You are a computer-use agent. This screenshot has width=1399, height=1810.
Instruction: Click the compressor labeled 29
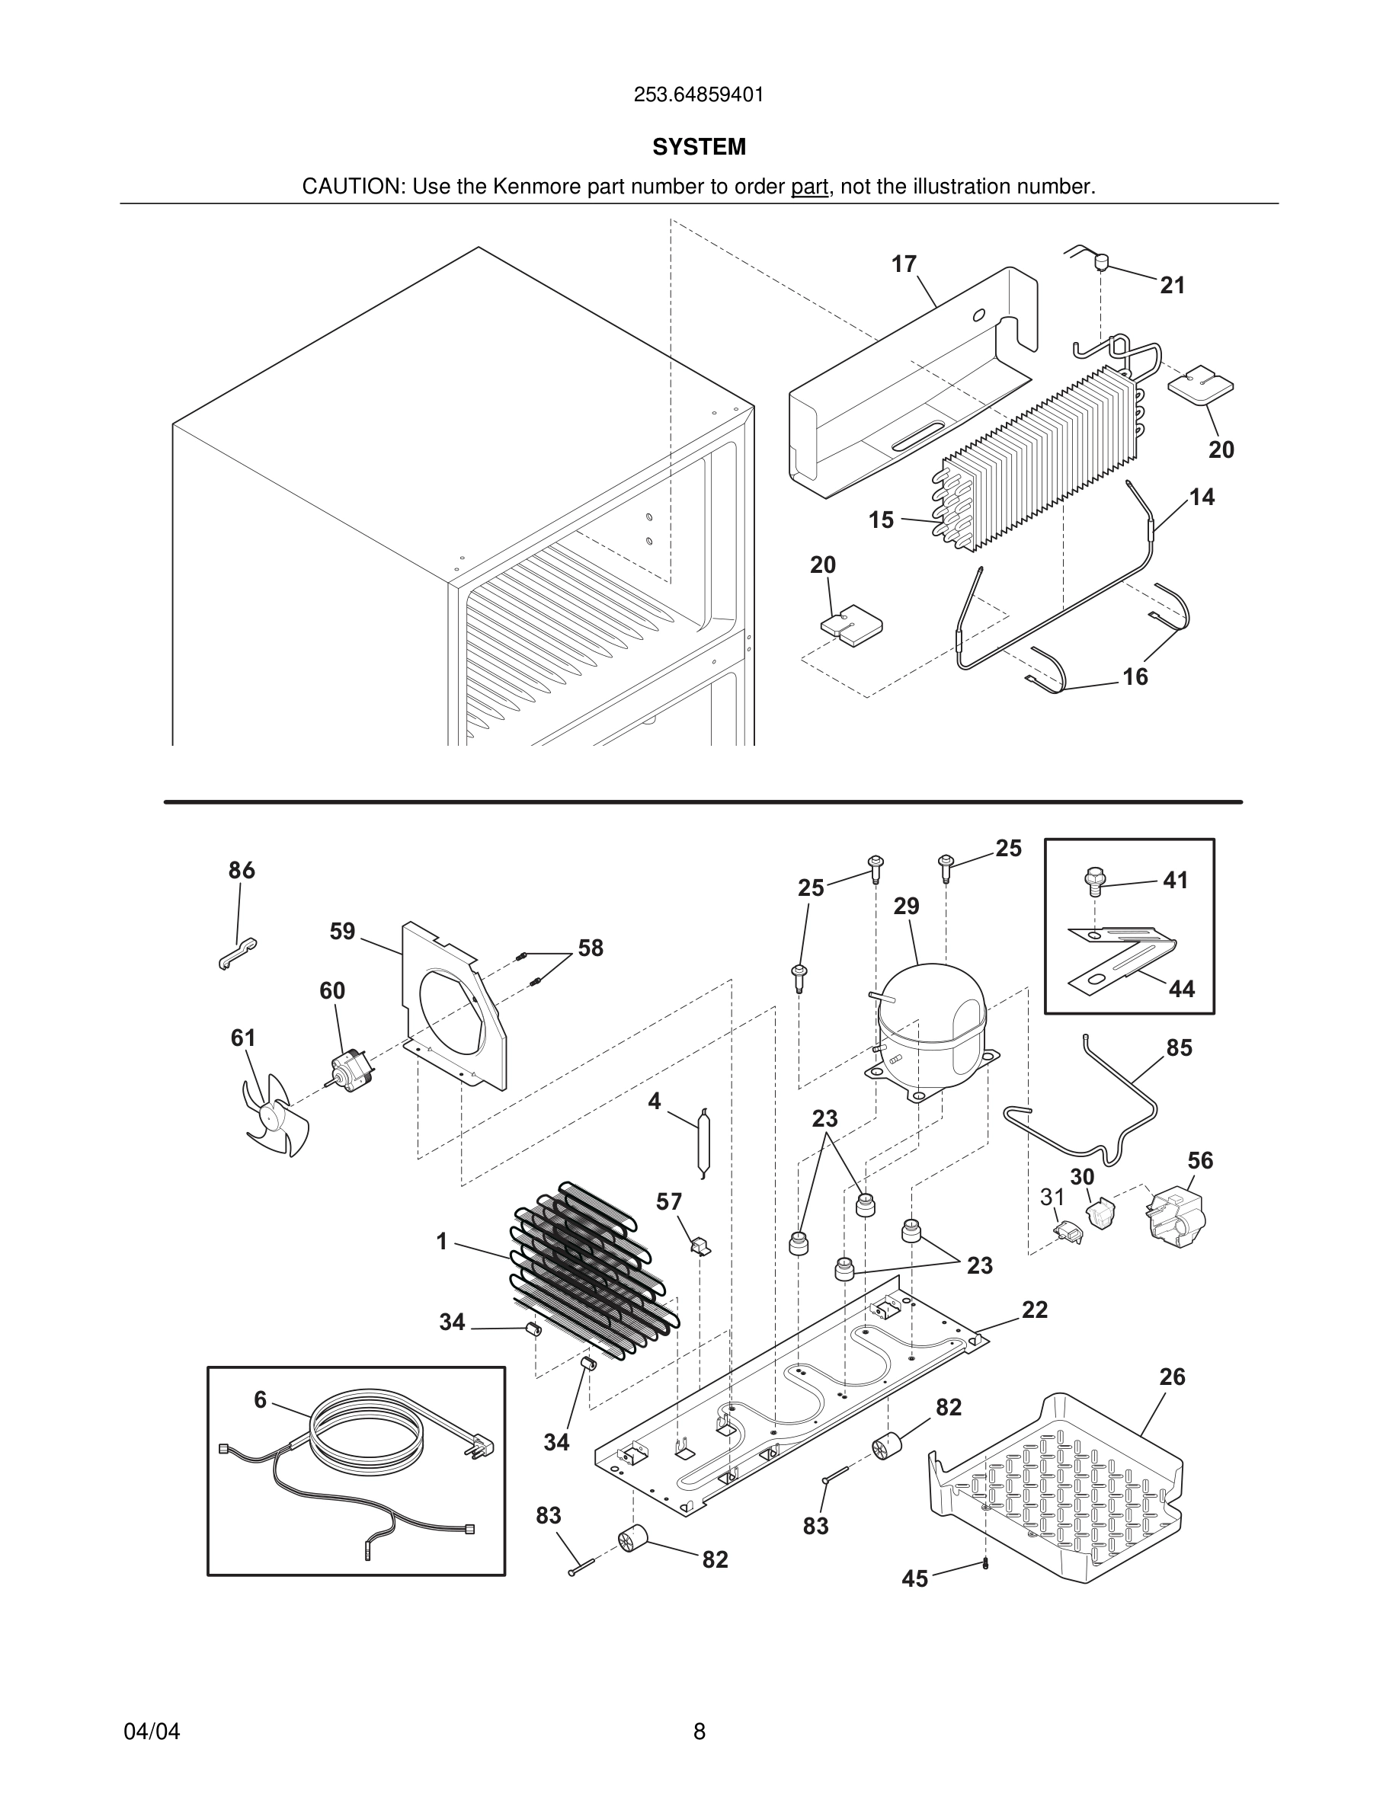coord(933,1028)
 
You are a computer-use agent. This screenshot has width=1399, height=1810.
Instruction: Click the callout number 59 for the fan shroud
coord(342,932)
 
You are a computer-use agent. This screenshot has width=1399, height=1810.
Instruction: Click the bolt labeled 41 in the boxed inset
coord(1094,880)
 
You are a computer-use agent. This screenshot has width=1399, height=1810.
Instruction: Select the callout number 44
coord(1182,989)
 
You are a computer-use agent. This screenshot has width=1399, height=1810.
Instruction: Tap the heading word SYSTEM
coord(699,147)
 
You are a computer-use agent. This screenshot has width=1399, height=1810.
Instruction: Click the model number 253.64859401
coord(699,95)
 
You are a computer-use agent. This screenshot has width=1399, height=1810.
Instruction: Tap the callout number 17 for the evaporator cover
coord(904,264)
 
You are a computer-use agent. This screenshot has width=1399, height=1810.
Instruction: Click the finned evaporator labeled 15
coord(1036,464)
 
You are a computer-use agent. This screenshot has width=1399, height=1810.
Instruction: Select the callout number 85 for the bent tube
coord(1179,1047)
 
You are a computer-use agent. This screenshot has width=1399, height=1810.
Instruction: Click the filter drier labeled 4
coord(703,1142)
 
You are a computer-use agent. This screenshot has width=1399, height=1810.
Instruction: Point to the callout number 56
coord(1200,1160)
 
